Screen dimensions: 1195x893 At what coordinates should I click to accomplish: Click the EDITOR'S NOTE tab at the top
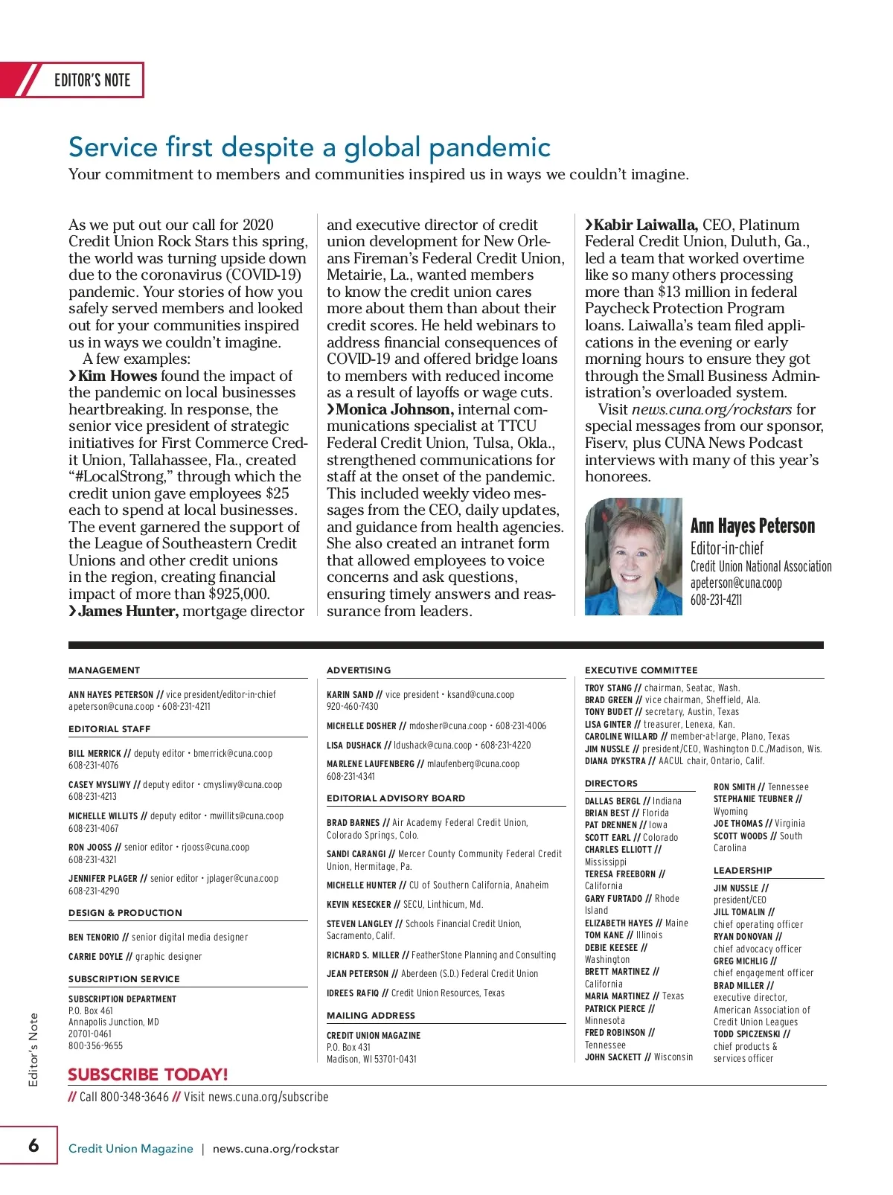[92, 80]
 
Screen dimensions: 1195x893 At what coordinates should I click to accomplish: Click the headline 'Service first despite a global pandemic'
[309, 147]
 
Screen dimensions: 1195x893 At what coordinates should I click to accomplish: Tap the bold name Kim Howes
[118, 376]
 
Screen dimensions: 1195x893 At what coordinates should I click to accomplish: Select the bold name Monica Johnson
[394, 409]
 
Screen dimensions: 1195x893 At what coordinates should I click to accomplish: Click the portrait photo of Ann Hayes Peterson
[633, 557]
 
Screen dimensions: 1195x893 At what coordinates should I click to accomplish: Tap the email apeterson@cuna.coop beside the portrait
[735, 583]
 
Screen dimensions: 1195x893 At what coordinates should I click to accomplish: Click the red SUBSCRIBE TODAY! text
[147, 1074]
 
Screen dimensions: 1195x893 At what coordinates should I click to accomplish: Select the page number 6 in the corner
[33, 1145]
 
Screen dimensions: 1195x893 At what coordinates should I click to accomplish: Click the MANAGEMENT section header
[104, 670]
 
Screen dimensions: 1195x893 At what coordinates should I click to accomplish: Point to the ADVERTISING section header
[359, 670]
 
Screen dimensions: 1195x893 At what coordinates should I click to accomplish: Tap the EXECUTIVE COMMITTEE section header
[641, 670]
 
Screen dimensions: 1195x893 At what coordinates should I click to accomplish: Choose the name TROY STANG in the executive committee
[608, 688]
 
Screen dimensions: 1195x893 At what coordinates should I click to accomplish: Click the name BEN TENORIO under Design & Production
[94, 938]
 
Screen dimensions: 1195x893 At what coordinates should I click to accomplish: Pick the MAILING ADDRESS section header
[371, 1016]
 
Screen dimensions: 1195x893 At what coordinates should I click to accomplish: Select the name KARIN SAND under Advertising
[350, 695]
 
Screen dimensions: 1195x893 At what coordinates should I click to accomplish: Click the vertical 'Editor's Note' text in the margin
[33, 1049]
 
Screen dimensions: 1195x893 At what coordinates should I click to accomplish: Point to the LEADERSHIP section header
[743, 871]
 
